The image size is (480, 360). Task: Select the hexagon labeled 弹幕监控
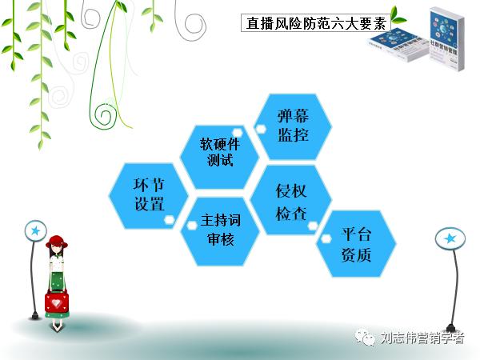293,126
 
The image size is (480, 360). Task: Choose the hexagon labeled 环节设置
150,194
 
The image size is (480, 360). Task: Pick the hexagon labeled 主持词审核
220,230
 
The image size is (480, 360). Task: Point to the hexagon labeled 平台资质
356,244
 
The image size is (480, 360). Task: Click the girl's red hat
58,242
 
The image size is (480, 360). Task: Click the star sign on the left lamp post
35,231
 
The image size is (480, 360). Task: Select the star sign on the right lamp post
450,238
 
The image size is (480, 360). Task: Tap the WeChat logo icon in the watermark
366,338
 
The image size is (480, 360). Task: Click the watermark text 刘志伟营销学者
422,338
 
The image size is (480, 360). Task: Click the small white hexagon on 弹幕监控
260,126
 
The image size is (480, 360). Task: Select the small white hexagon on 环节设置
169,218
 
